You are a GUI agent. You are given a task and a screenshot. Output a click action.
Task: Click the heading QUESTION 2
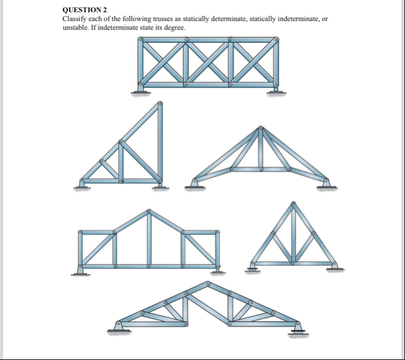(x=84, y=10)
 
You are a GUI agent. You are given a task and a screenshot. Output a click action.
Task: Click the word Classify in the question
(x=75, y=19)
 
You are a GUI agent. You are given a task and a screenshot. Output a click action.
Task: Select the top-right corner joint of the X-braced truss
(x=276, y=40)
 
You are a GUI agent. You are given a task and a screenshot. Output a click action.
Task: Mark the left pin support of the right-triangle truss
(x=81, y=184)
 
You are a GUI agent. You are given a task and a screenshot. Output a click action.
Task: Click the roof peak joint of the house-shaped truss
(x=149, y=211)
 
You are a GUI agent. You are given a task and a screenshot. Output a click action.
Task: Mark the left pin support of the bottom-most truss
(x=120, y=327)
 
